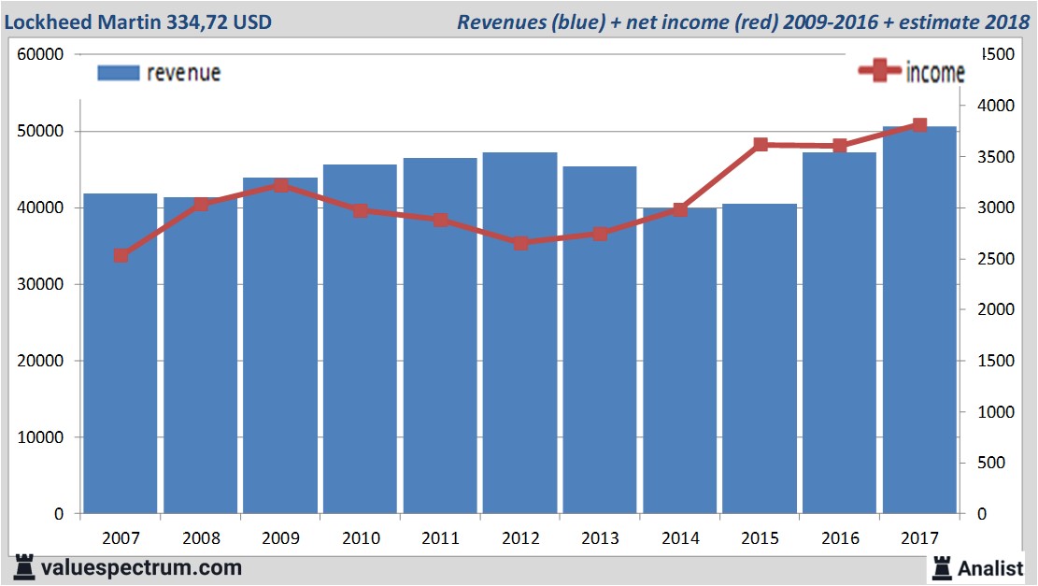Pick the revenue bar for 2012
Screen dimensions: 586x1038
[520, 346]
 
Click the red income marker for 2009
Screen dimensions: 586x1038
[280, 185]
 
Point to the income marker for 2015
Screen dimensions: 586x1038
[761, 145]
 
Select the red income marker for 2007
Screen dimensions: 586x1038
[121, 255]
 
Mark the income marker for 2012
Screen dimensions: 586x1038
[520, 243]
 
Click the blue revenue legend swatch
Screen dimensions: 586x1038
[118, 73]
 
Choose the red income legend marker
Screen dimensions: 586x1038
[879, 72]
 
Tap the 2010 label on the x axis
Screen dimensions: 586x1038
[361, 538]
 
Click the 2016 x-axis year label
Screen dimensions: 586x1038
[840, 538]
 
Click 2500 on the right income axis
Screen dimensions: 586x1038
[994, 259]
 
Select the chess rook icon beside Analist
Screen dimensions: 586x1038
[941, 567]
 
